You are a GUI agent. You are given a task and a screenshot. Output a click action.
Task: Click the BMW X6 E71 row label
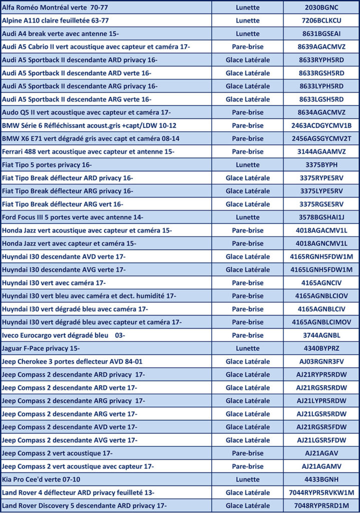coord(91,138)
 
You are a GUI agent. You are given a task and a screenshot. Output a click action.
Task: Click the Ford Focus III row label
coord(73,217)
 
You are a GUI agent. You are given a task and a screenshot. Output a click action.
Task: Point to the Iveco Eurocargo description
coord(64,335)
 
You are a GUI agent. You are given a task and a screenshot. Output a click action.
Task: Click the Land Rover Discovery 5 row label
coord(84,505)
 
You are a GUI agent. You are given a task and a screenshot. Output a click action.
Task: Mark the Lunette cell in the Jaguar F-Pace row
coord(247,348)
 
